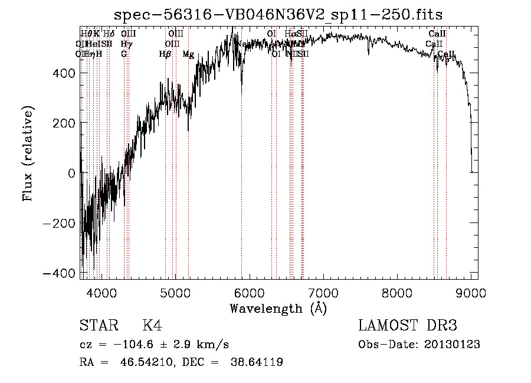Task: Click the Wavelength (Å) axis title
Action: (x=278, y=308)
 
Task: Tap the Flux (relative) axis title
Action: (x=28, y=153)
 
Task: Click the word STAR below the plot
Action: (x=99, y=326)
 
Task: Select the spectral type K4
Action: (x=152, y=326)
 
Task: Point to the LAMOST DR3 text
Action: (x=408, y=326)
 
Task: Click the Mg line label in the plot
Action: (x=188, y=54)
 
